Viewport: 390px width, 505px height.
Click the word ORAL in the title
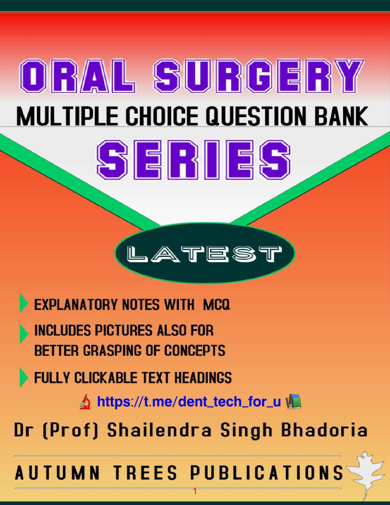(77, 76)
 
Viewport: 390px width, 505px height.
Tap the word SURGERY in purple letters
(258, 76)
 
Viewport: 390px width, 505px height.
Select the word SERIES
(194, 160)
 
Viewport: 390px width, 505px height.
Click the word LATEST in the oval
(204, 254)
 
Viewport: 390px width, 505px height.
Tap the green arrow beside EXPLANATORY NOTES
(23, 303)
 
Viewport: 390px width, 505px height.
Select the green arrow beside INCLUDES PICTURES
(23, 333)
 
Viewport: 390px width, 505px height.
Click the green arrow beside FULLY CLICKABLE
(23, 377)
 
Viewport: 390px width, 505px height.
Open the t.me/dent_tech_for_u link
(189, 402)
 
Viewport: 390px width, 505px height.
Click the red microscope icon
(85, 402)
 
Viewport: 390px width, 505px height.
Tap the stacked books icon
(293, 402)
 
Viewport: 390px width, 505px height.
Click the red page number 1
(195, 491)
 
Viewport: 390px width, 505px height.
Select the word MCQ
(216, 305)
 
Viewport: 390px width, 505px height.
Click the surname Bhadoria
(324, 430)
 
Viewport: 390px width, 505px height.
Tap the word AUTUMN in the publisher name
(58, 473)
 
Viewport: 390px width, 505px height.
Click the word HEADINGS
(203, 378)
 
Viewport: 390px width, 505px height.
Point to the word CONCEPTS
(195, 351)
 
